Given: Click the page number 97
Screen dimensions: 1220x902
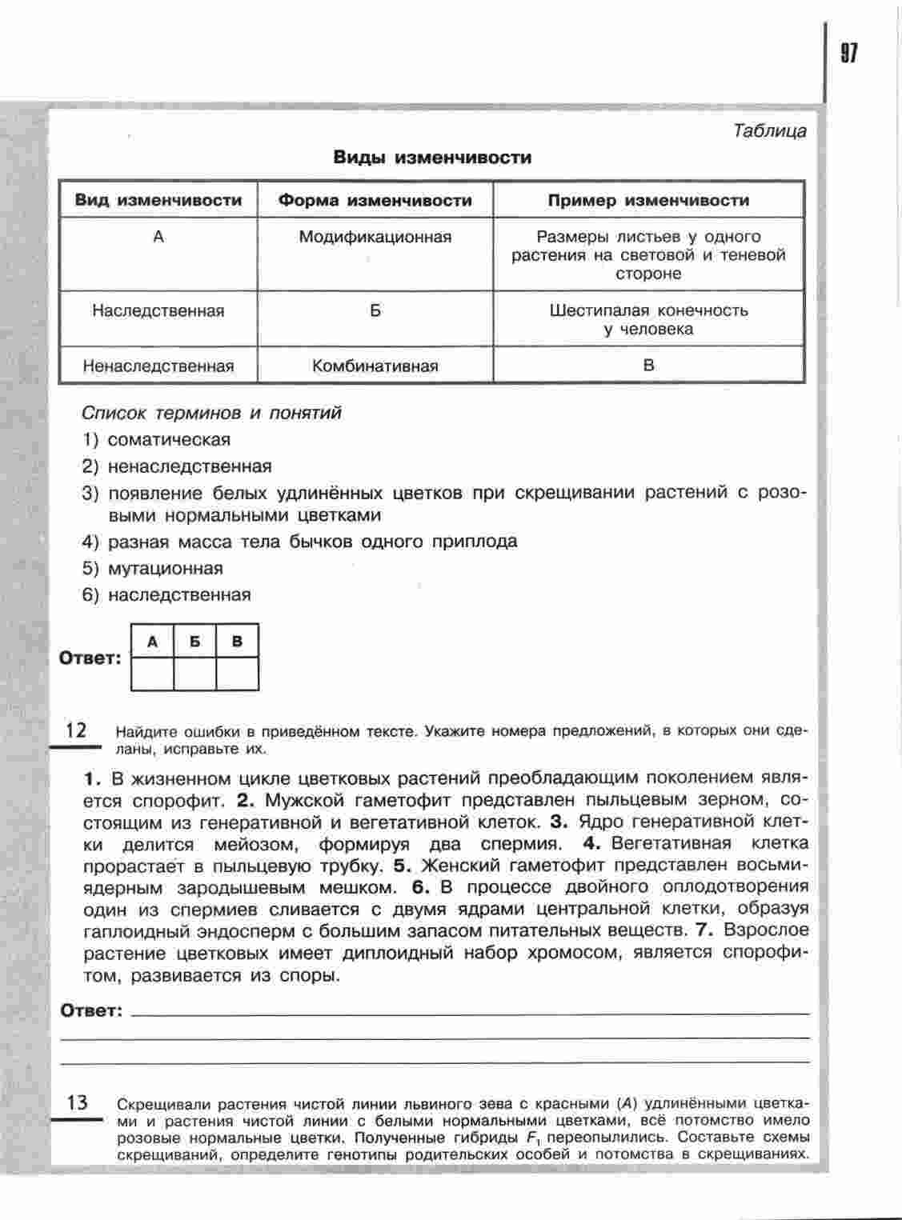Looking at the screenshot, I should (849, 53).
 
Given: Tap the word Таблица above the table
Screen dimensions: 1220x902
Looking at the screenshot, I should (769, 130).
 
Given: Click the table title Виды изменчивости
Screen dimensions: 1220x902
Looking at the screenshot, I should (432, 158).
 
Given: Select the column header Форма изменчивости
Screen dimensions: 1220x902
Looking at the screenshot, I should (375, 200).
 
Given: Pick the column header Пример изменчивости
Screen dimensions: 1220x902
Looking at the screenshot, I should (648, 200).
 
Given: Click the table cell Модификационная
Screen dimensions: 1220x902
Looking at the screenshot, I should (375, 237).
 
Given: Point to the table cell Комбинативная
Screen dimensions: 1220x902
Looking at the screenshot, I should (375, 366).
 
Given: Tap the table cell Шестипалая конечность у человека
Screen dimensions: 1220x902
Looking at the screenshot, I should (648, 319).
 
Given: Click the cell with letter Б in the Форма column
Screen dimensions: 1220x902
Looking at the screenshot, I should (375, 310).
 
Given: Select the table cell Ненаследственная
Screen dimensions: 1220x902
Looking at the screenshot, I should (158, 366).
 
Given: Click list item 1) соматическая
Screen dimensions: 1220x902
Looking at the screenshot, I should (157, 439).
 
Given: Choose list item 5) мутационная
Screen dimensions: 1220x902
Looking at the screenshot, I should (153, 569).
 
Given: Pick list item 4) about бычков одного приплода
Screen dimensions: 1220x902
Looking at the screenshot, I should (300, 542).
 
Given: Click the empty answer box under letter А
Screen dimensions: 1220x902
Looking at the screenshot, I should (152, 673).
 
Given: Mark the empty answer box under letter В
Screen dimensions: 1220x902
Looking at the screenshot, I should (237, 673).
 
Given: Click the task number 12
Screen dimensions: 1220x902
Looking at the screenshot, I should (76, 730).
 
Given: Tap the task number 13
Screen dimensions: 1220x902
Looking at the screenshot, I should (77, 1102).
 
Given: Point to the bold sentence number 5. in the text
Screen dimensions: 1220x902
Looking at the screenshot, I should (402, 866).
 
